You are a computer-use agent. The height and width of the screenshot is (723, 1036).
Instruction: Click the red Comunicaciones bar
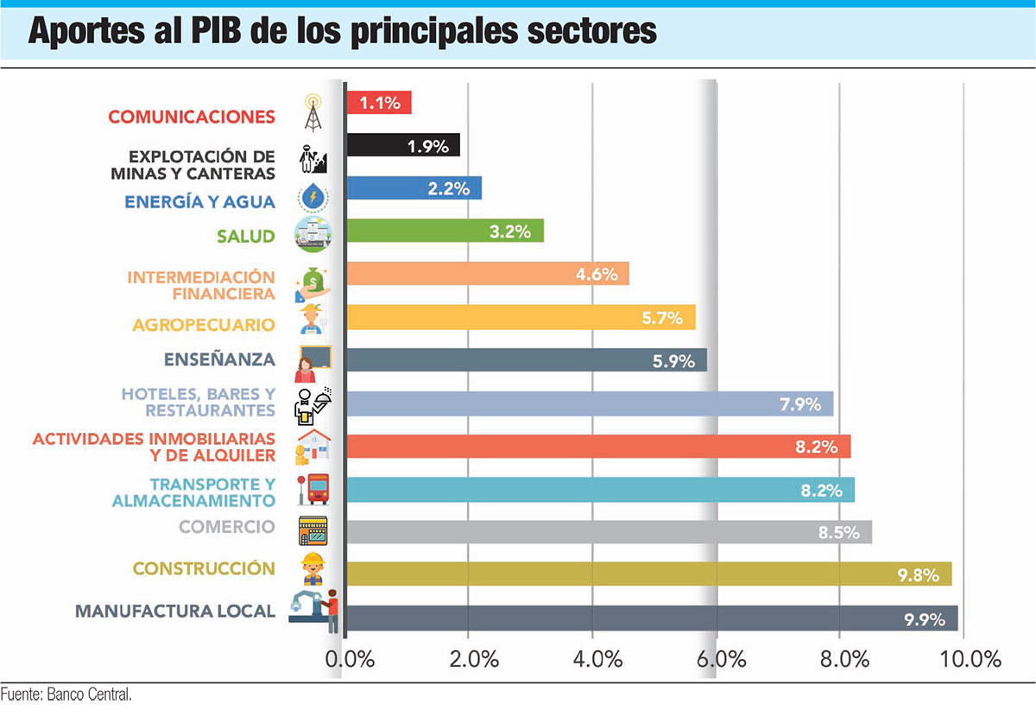[x=378, y=103]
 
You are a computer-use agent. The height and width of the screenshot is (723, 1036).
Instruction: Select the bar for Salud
[x=445, y=231]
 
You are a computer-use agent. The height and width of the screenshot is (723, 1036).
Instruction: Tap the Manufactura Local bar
[x=651, y=618]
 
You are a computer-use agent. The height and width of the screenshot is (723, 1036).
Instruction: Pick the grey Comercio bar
[x=609, y=531]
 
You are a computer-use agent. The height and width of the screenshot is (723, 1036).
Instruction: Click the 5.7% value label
[x=662, y=318]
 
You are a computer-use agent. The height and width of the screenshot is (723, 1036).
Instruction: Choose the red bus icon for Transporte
[x=315, y=489]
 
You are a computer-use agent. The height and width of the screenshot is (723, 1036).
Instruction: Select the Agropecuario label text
[x=204, y=326]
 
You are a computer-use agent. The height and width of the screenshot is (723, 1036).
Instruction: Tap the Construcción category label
[x=204, y=568]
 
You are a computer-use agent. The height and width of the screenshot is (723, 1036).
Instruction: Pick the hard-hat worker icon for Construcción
[x=312, y=570]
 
